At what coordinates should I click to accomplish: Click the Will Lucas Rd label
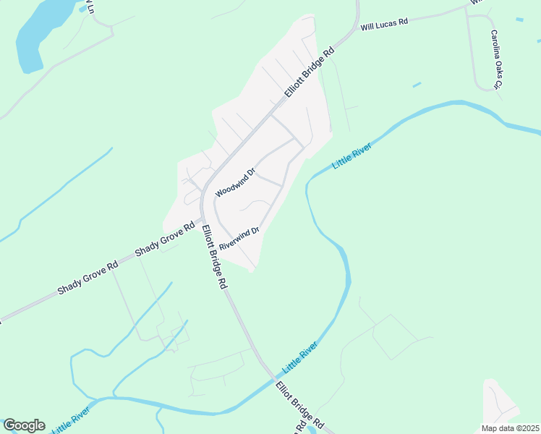click(x=385, y=22)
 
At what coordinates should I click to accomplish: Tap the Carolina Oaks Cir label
click(x=495, y=60)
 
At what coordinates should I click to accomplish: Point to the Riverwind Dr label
click(x=239, y=238)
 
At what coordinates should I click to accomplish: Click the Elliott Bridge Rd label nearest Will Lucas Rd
click(x=310, y=73)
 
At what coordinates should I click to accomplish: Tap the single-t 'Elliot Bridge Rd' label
click(x=299, y=406)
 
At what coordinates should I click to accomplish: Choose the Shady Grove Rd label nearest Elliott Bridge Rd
click(x=166, y=239)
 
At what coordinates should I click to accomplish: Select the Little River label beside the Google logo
click(x=71, y=420)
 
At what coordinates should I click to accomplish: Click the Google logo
click(x=24, y=425)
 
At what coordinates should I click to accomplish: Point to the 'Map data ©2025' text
click(x=510, y=428)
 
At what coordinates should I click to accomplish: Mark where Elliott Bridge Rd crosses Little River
click(x=273, y=379)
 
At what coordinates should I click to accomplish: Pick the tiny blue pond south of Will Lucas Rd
click(x=417, y=85)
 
